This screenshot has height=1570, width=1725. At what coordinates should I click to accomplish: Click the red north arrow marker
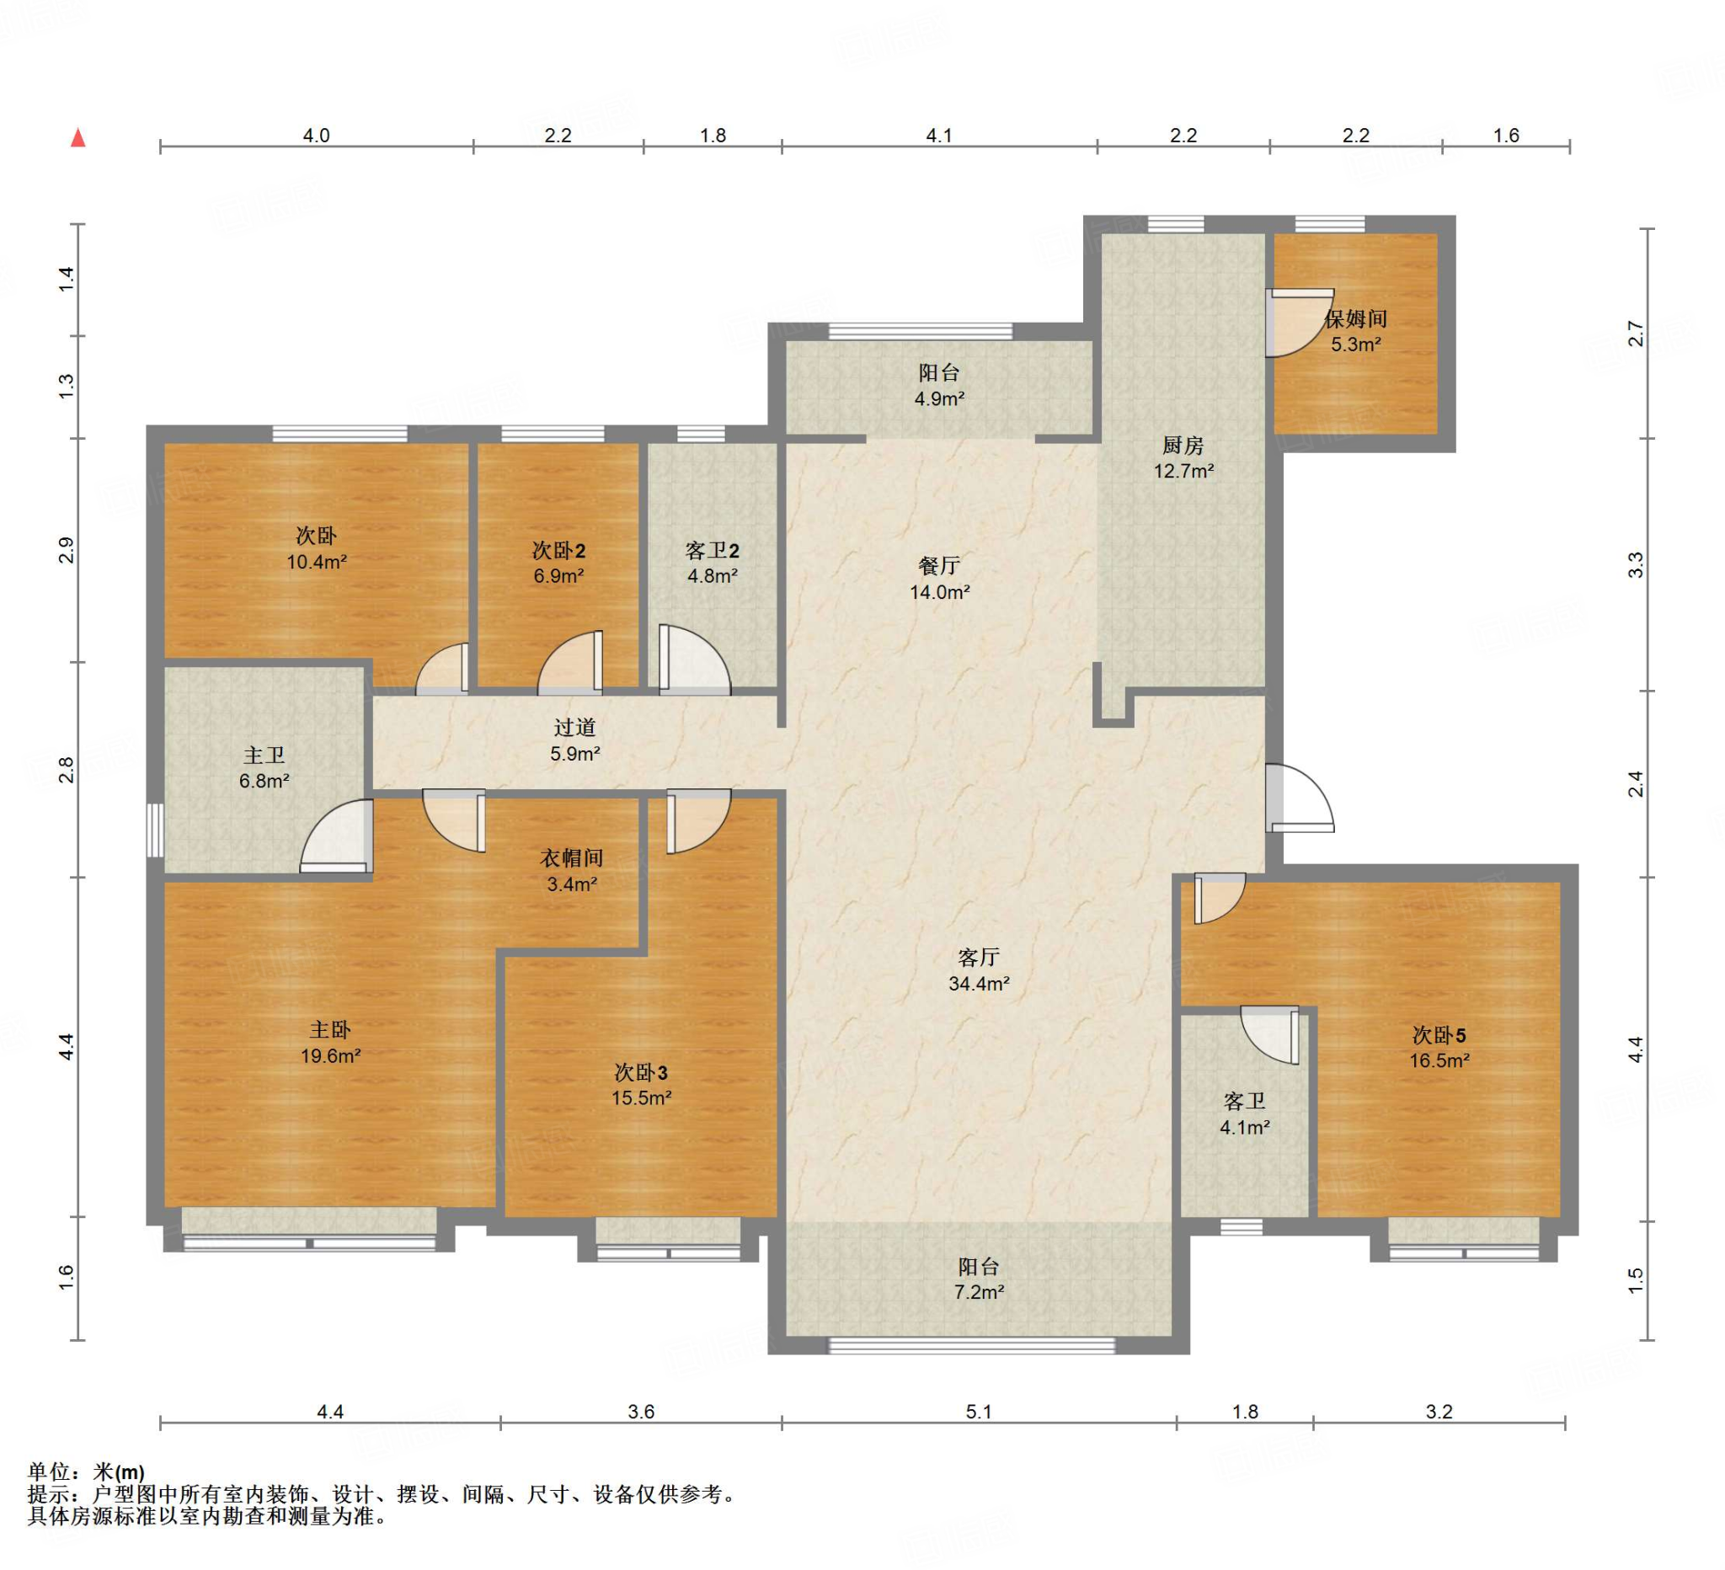click(x=77, y=137)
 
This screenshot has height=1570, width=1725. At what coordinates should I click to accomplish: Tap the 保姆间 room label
click(x=1355, y=319)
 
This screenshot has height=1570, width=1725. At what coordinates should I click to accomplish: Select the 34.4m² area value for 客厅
click(x=979, y=984)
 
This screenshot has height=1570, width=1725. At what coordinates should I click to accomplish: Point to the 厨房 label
click(x=1183, y=445)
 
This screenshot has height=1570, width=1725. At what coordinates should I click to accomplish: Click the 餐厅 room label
click(x=938, y=565)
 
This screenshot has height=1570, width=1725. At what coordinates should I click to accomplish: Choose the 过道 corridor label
click(x=574, y=727)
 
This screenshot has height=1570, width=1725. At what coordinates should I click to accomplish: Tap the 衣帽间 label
click(x=572, y=858)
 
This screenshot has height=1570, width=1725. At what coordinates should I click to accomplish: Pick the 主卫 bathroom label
click(x=264, y=756)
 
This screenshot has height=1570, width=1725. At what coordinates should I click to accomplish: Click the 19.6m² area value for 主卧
click(x=330, y=1056)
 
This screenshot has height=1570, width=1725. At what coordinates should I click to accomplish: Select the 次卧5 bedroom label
click(x=1439, y=1035)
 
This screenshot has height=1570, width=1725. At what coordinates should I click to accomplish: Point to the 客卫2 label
click(x=712, y=551)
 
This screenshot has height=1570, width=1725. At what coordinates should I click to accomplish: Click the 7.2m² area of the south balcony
click(x=979, y=1292)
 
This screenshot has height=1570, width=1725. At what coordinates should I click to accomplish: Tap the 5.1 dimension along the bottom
click(x=979, y=1412)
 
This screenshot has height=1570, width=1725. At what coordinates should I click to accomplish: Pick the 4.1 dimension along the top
click(x=938, y=135)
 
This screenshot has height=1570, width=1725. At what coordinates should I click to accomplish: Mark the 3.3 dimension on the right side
click(x=1635, y=564)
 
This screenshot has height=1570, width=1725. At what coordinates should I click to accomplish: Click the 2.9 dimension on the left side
click(x=66, y=550)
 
